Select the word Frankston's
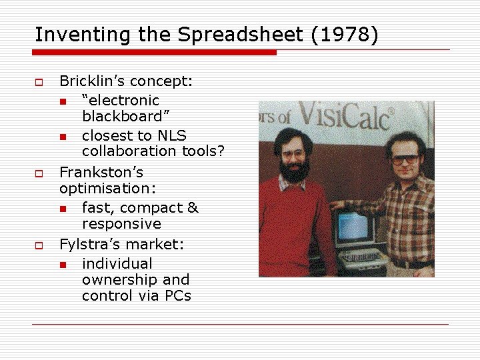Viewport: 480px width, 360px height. [101, 173]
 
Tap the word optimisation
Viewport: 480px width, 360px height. [103, 189]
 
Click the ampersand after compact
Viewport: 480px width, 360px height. [192, 208]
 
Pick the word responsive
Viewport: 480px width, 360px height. [121, 224]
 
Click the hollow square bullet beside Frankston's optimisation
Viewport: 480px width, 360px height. [39, 173]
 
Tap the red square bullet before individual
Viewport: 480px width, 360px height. [62, 265]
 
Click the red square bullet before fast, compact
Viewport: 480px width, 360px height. [62, 209]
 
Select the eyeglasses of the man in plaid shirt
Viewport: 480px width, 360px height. [405, 159]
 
